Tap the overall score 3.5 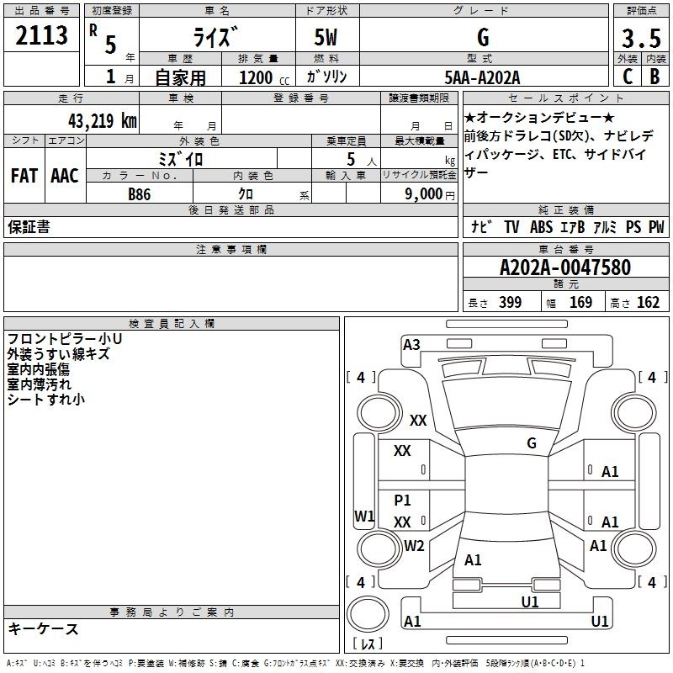640,38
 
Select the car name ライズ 216,37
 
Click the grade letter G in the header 483,37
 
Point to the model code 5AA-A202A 482,77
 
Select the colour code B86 140,193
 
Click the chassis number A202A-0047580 564,268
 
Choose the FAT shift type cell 24,176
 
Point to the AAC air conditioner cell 65,176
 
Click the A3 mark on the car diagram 411,344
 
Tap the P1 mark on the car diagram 402,500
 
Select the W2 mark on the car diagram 414,545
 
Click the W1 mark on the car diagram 364,516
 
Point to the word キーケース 44,628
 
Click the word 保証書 29,227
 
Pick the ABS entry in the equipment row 542,227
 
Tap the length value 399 510,303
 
